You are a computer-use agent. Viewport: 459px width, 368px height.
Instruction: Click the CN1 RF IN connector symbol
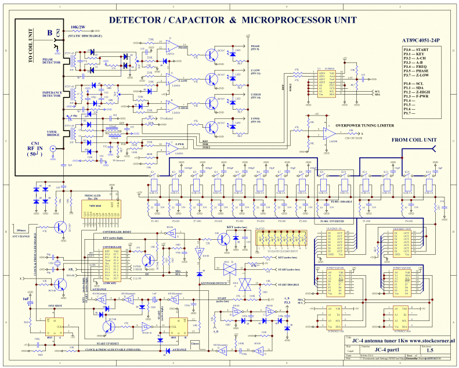tap(52, 149)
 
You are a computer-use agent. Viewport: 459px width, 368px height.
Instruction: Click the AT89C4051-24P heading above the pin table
tap(421, 41)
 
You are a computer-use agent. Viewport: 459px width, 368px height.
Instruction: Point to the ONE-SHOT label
tap(56, 305)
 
